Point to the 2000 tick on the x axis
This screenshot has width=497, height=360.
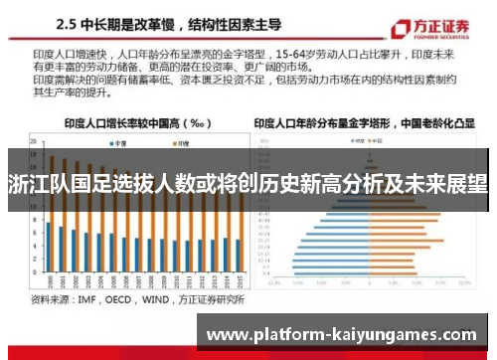point(48,280)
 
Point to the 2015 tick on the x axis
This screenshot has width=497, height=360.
point(238,280)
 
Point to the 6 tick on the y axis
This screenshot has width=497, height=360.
point(36,232)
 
